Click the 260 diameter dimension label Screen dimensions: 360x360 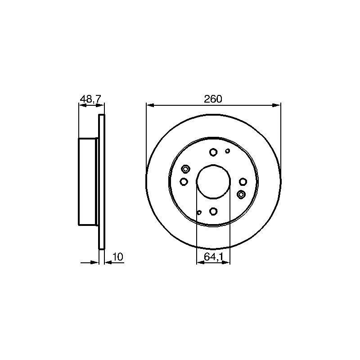pyautogui.click(x=213, y=99)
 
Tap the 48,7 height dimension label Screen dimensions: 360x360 pyautogui.click(x=90, y=99)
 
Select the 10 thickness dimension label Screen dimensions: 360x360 pyautogui.click(x=118, y=256)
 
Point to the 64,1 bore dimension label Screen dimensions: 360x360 pyautogui.click(x=213, y=257)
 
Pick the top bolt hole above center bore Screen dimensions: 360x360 pyautogui.click(x=213, y=152)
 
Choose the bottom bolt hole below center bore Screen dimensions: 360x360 pyautogui.click(x=213, y=211)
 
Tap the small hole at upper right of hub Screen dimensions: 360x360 pyautogui.click(x=228, y=151)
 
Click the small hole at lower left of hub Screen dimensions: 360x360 pyautogui.click(x=199, y=212)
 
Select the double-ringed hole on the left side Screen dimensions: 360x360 pyautogui.click(x=185, y=169)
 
